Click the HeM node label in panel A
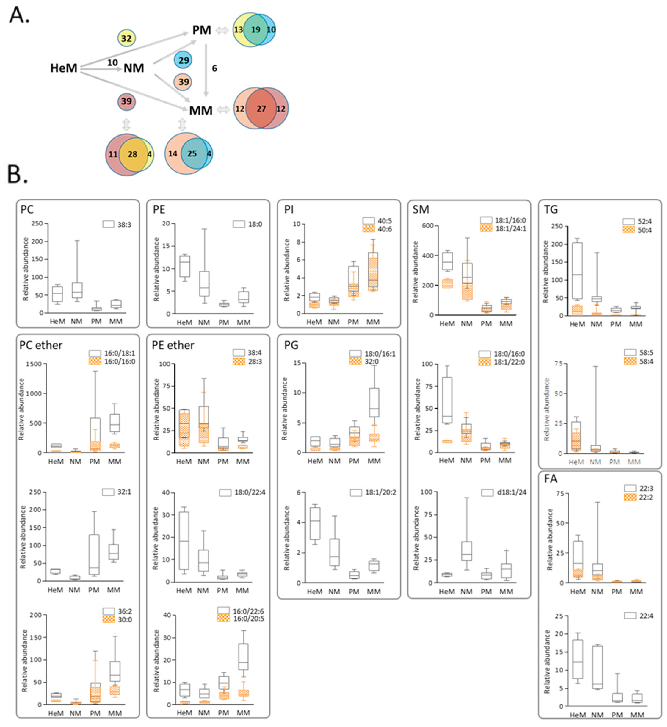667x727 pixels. click(x=64, y=68)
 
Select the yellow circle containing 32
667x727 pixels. click(x=126, y=38)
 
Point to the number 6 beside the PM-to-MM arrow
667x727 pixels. click(x=214, y=68)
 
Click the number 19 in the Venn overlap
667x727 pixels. click(x=255, y=30)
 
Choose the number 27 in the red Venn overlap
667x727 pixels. click(x=261, y=109)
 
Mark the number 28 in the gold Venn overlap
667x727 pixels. click(x=133, y=154)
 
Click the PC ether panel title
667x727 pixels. click(x=41, y=346)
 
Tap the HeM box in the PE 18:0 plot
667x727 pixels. click(x=185, y=266)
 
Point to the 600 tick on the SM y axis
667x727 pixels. click(x=428, y=226)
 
